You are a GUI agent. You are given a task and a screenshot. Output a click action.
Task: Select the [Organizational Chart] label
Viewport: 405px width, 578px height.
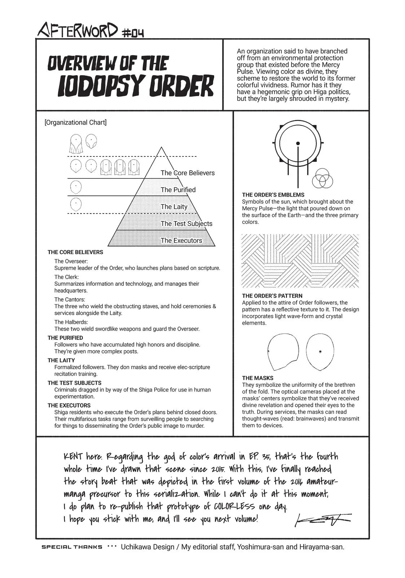(75, 122)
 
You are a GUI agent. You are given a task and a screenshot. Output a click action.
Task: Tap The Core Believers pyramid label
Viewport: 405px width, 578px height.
(188, 173)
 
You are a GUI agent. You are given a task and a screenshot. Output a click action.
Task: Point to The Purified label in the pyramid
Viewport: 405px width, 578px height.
(178, 190)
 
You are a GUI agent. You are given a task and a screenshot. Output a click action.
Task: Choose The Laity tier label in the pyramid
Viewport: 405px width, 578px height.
(174, 207)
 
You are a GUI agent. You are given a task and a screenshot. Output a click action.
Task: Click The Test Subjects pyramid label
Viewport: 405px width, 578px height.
(186, 224)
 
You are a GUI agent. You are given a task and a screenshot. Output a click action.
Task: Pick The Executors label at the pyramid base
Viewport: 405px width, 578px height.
(181, 241)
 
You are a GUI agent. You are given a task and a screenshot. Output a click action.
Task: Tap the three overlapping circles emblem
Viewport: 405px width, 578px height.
(322, 178)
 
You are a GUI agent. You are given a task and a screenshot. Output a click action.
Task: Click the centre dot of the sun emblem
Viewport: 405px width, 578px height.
(298, 143)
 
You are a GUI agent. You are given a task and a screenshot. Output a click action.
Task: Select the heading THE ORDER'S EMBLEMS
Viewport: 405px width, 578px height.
(273, 195)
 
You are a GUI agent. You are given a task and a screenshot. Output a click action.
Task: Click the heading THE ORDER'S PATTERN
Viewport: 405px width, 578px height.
(272, 296)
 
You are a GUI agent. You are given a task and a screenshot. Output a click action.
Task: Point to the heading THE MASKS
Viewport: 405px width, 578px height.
(258, 378)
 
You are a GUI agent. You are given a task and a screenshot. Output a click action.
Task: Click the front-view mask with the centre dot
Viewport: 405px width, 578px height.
(320, 352)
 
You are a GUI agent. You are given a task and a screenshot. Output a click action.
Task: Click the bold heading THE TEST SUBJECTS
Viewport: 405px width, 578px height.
(75, 383)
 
